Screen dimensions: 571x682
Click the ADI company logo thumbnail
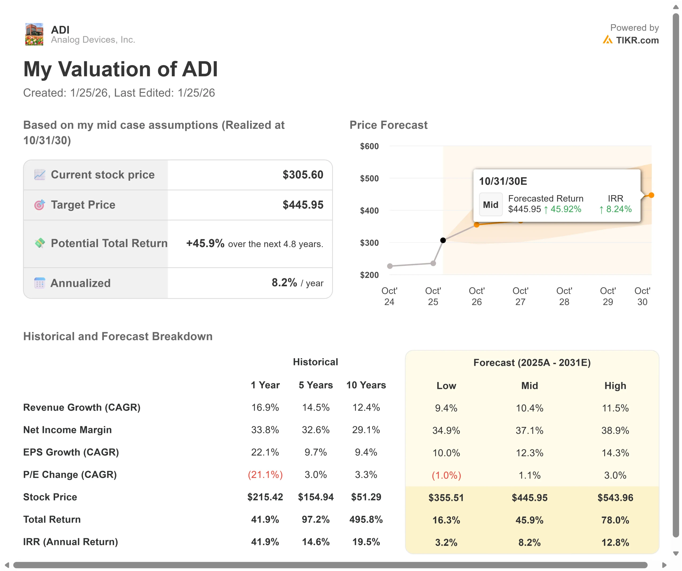[34, 34]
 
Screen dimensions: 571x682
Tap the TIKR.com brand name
[637, 40]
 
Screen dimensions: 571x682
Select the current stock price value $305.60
[303, 175]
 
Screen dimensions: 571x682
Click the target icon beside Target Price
[40, 205]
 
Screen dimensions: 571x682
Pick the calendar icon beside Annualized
[40, 283]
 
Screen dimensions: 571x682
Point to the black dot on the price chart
[443, 240]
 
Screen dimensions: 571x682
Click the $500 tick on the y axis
[369, 178]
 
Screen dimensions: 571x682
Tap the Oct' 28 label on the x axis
[564, 296]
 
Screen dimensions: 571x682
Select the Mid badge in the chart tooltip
[490, 205]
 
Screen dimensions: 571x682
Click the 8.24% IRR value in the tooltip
[619, 209]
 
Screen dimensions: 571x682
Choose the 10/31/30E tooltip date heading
[503, 181]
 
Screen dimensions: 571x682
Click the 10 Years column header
[366, 385]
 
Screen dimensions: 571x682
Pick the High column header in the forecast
[615, 386]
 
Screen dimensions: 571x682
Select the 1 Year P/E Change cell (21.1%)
[265, 475]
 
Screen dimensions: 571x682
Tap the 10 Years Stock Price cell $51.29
[366, 497]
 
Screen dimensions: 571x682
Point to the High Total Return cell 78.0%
[615, 520]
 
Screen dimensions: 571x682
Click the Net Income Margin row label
[67, 430]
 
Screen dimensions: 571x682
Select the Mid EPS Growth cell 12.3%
[529, 453]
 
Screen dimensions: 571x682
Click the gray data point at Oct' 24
[390, 266]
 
